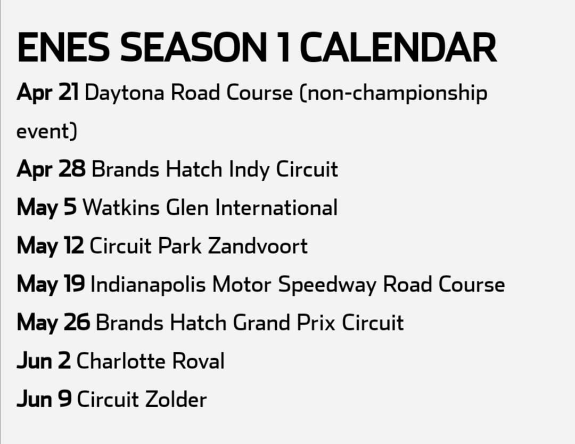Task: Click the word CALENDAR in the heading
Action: tap(398, 47)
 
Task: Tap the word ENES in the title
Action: tap(63, 47)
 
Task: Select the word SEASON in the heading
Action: tap(193, 47)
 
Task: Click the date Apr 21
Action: tap(48, 93)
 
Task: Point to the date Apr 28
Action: tap(51, 169)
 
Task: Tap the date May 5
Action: tap(46, 208)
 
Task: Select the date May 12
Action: tap(50, 246)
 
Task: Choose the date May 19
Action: tap(51, 285)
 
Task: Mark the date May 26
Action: tap(53, 323)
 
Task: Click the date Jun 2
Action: tap(44, 361)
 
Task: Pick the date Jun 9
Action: tap(44, 399)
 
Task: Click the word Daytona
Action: tap(124, 93)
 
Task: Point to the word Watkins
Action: tap(121, 207)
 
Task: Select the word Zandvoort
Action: tap(258, 246)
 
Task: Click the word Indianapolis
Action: tap(148, 285)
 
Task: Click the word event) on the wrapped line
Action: tap(47, 131)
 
